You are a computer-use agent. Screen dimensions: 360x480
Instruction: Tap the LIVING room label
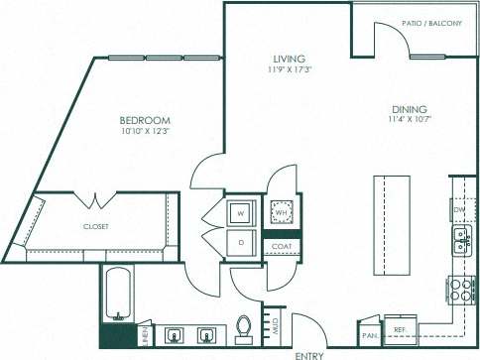tap(289, 59)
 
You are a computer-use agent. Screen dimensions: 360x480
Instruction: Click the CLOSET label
tap(95, 226)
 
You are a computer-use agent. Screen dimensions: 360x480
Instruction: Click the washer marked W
tap(239, 212)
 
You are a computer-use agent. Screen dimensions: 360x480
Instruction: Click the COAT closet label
tap(281, 246)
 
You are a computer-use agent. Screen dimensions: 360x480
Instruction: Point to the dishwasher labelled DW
tap(459, 210)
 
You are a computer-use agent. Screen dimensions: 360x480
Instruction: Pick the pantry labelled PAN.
tap(368, 334)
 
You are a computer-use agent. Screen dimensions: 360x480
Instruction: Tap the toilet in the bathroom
tap(243, 327)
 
